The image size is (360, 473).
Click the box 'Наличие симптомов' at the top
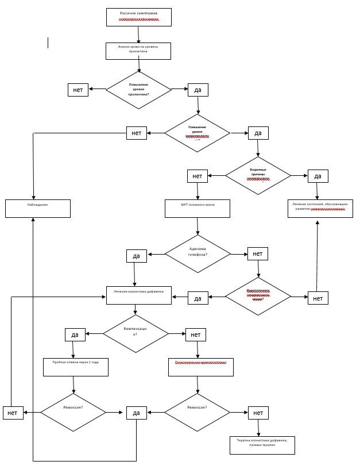(138, 17)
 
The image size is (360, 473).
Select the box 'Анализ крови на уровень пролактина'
(138, 51)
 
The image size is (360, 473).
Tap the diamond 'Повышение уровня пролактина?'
(138, 90)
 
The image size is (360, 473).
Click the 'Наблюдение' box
(38, 208)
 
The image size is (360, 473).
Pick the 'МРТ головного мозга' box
(197, 208)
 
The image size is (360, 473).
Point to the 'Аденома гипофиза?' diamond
(198, 253)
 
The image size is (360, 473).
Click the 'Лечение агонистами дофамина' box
(138, 295)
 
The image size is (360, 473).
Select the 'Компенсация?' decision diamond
(136, 333)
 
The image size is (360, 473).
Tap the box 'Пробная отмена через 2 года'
(75, 367)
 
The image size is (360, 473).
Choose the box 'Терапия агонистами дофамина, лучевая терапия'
(262, 445)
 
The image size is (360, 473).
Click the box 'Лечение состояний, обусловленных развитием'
(320, 208)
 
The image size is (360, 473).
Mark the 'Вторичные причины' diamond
(258, 175)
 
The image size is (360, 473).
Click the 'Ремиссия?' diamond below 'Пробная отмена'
(73, 412)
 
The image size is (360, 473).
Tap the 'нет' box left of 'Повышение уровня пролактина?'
(78, 90)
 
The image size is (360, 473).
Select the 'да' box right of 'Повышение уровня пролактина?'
(198, 90)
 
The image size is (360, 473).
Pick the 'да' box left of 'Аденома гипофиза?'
(136, 256)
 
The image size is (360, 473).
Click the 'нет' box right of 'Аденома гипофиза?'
(257, 253)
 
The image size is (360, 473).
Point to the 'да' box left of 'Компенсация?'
(75, 334)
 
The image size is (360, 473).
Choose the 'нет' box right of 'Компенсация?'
(195, 334)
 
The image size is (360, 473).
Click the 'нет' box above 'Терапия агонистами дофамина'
(258, 413)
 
